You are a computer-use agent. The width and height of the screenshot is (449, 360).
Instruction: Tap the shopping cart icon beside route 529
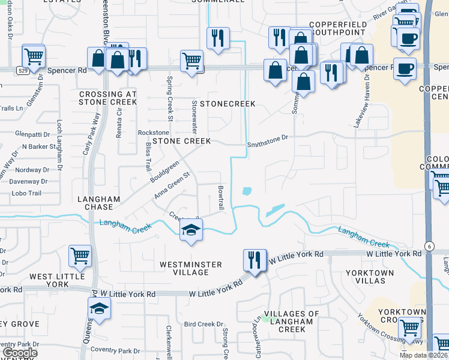pos(34,56)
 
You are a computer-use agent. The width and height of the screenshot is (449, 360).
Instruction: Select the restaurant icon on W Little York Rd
pos(255,260)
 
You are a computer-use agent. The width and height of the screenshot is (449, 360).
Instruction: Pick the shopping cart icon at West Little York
pos(80,256)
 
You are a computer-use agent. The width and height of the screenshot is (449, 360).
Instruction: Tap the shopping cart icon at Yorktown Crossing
pos(410,328)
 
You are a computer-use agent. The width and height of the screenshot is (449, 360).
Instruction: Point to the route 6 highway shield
pos(430,247)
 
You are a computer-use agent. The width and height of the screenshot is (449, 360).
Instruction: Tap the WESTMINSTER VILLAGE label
pos(191,268)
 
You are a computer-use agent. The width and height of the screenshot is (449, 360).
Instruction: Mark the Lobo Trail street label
pos(26,193)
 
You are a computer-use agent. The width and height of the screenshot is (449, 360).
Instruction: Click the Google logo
pos(20,353)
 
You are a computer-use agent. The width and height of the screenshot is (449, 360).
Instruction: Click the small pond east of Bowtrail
pos(247,192)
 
